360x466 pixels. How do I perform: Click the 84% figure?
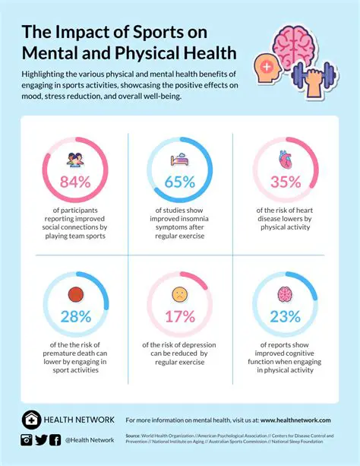75,182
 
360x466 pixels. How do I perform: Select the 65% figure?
178,182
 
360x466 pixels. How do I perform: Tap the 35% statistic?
284,182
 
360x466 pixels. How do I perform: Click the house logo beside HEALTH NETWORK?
31,420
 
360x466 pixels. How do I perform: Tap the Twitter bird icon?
42,439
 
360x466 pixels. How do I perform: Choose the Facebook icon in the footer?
55,439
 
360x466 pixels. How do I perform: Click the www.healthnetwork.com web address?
295,420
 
